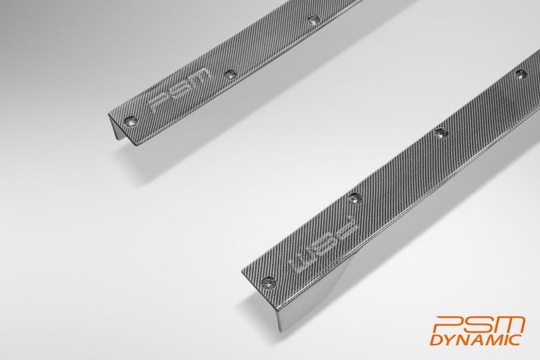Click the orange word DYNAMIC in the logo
pos(476,340)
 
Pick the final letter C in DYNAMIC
pos(515,340)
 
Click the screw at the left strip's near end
pos(130,121)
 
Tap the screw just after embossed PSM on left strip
pos(230,74)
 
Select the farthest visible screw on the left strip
pos(313,21)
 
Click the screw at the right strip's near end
pos(268,283)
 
